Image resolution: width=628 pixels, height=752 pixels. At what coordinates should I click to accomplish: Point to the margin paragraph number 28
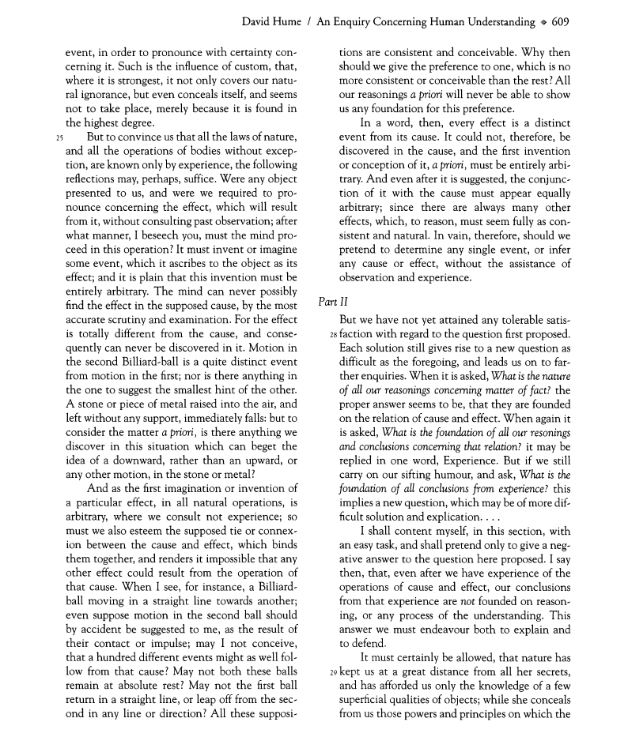(x=332, y=335)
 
